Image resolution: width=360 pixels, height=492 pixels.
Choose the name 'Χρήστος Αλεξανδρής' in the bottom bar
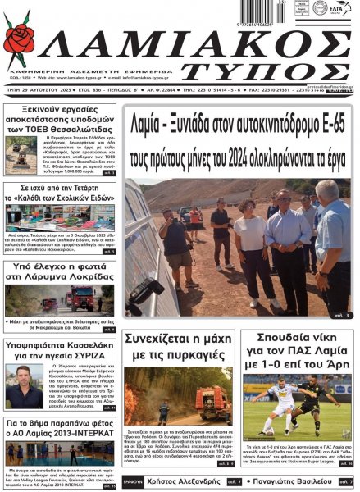(x=181, y=481)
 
